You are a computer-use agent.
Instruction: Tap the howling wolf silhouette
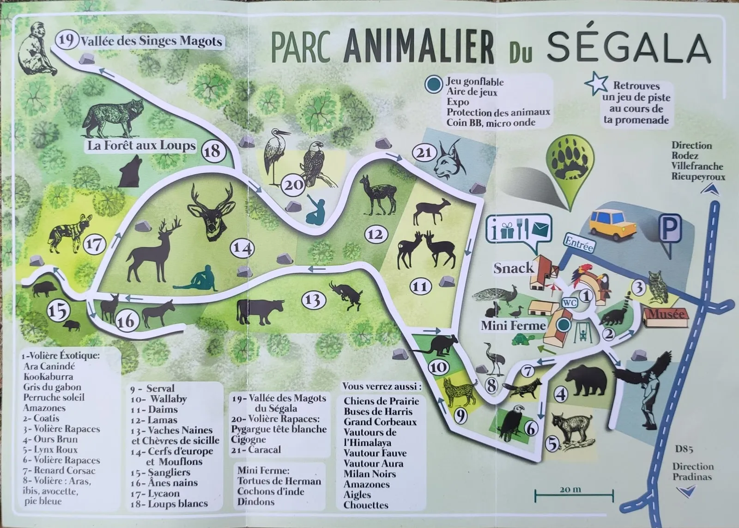(130, 171)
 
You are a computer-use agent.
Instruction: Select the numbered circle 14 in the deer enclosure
(242, 248)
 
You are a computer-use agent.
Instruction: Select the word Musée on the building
(665, 314)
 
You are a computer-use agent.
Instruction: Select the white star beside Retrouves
(596, 83)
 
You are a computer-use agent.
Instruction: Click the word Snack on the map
(514, 268)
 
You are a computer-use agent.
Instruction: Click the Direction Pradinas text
(692, 471)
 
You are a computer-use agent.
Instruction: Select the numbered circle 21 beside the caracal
(424, 153)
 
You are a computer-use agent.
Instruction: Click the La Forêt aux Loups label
(141, 146)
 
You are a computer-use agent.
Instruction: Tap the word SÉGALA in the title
(628, 48)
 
